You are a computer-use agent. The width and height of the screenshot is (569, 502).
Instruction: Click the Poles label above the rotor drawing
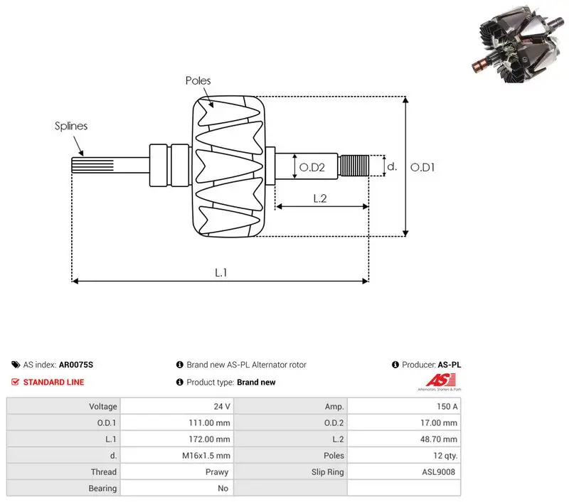tap(198, 80)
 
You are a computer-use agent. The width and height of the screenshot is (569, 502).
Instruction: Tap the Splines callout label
tap(71, 126)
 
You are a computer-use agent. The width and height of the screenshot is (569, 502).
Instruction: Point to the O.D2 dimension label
tap(312, 167)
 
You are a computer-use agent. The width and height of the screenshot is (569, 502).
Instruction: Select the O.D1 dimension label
tap(422, 167)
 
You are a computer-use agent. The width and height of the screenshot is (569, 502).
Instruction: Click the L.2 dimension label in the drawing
tap(320, 198)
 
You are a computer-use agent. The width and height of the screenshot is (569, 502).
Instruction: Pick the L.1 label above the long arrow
tap(221, 272)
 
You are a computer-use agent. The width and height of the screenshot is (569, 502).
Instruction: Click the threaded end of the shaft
tap(353, 166)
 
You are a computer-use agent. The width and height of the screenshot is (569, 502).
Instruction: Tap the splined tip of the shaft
tap(92, 165)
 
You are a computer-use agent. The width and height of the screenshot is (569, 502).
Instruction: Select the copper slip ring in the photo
tap(481, 65)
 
